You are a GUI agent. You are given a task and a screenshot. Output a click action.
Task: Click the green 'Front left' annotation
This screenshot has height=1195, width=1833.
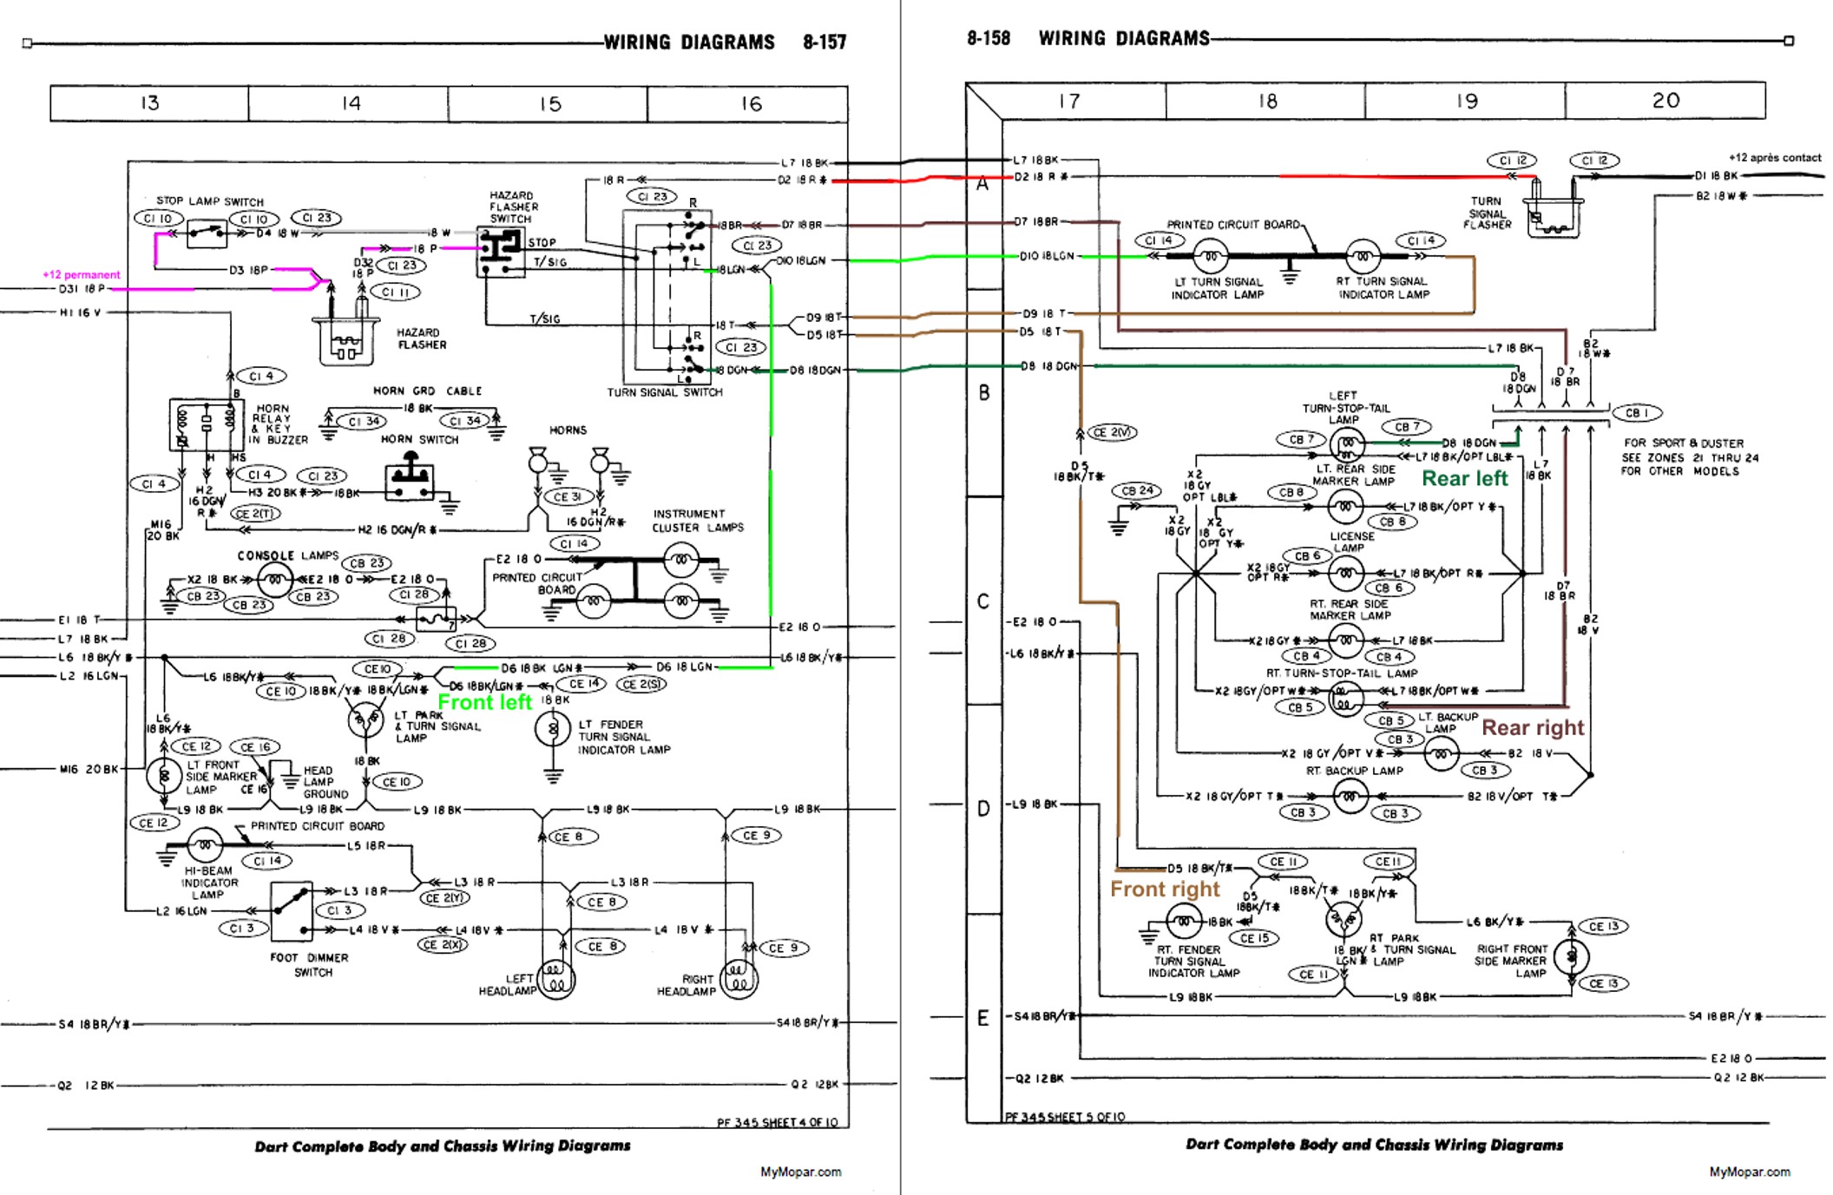(x=484, y=702)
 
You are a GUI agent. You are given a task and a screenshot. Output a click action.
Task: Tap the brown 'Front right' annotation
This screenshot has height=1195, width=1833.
(x=1165, y=890)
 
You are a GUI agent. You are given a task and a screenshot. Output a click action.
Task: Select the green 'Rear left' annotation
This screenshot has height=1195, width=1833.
(x=1465, y=478)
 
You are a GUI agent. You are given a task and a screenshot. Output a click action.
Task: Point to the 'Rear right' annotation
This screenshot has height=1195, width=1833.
(x=1533, y=728)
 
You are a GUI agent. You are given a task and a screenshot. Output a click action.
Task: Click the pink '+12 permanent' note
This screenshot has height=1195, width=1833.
(x=82, y=275)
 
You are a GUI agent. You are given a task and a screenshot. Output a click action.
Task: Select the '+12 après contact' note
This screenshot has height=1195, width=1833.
(x=1774, y=158)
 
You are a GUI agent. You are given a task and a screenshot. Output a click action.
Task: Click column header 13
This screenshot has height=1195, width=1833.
(x=149, y=103)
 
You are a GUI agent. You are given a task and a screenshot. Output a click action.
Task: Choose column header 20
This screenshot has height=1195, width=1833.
(x=1665, y=101)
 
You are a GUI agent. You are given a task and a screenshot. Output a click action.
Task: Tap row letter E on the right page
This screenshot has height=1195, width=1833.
(x=982, y=1018)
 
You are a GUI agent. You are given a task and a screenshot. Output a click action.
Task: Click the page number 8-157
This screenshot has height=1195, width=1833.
(x=824, y=43)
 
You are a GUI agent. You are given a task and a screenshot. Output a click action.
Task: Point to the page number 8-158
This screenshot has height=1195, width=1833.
(x=989, y=39)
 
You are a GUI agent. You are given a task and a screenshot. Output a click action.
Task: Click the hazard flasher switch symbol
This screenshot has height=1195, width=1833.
(x=500, y=252)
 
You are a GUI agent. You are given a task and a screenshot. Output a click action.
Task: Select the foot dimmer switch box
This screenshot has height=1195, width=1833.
(x=292, y=911)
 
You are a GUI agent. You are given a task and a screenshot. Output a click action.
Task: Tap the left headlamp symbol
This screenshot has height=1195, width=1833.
(x=556, y=980)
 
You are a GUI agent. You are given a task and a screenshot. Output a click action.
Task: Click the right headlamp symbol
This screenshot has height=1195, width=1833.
(x=739, y=980)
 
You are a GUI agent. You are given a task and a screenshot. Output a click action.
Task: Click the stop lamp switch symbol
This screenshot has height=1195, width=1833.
(x=207, y=233)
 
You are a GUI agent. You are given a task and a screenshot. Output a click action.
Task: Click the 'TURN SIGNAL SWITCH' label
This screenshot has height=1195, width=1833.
(x=664, y=392)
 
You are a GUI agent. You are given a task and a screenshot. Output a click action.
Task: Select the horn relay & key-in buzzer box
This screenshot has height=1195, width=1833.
(x=207, y=424)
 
